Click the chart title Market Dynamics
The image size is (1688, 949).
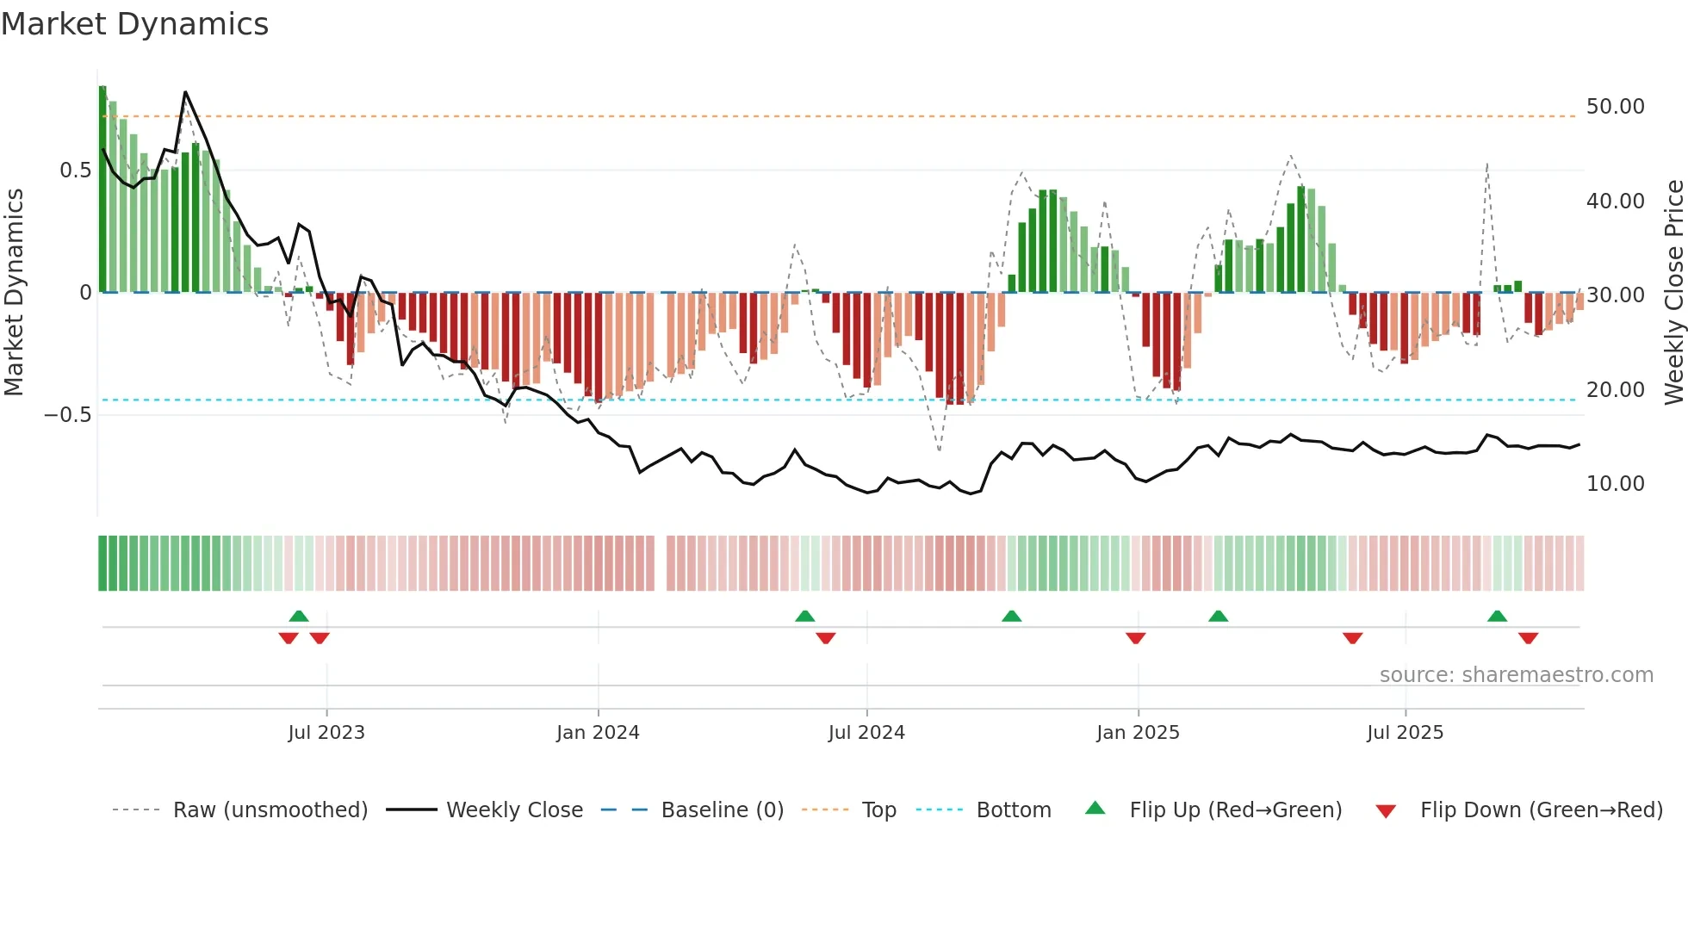click(x=134, y=24)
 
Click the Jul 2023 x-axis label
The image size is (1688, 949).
click(x=326, y=733)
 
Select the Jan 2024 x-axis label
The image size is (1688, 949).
click(x=598, y=733)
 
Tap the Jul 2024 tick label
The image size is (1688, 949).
click(x=866, y=733)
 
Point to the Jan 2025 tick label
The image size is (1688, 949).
click(x=1138, y=733)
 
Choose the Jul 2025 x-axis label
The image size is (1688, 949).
click(x=1405, y=733)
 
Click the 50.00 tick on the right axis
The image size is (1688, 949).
click(x=1615, y=107)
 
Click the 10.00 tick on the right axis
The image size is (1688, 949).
click(x=1615, y=484)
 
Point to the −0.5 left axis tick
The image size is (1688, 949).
click(x=68, y=415)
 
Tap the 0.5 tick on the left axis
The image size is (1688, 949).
click(x=75, y=171)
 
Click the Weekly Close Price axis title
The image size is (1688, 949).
click(x=1673, y=293)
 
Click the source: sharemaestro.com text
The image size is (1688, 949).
click(x=1516, y=675)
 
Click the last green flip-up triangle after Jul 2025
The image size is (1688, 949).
click(x=1497, y=617)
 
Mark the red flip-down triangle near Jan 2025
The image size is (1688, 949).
click(x=1135, y=638)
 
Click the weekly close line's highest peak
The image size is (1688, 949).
click(x=185, y=92)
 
